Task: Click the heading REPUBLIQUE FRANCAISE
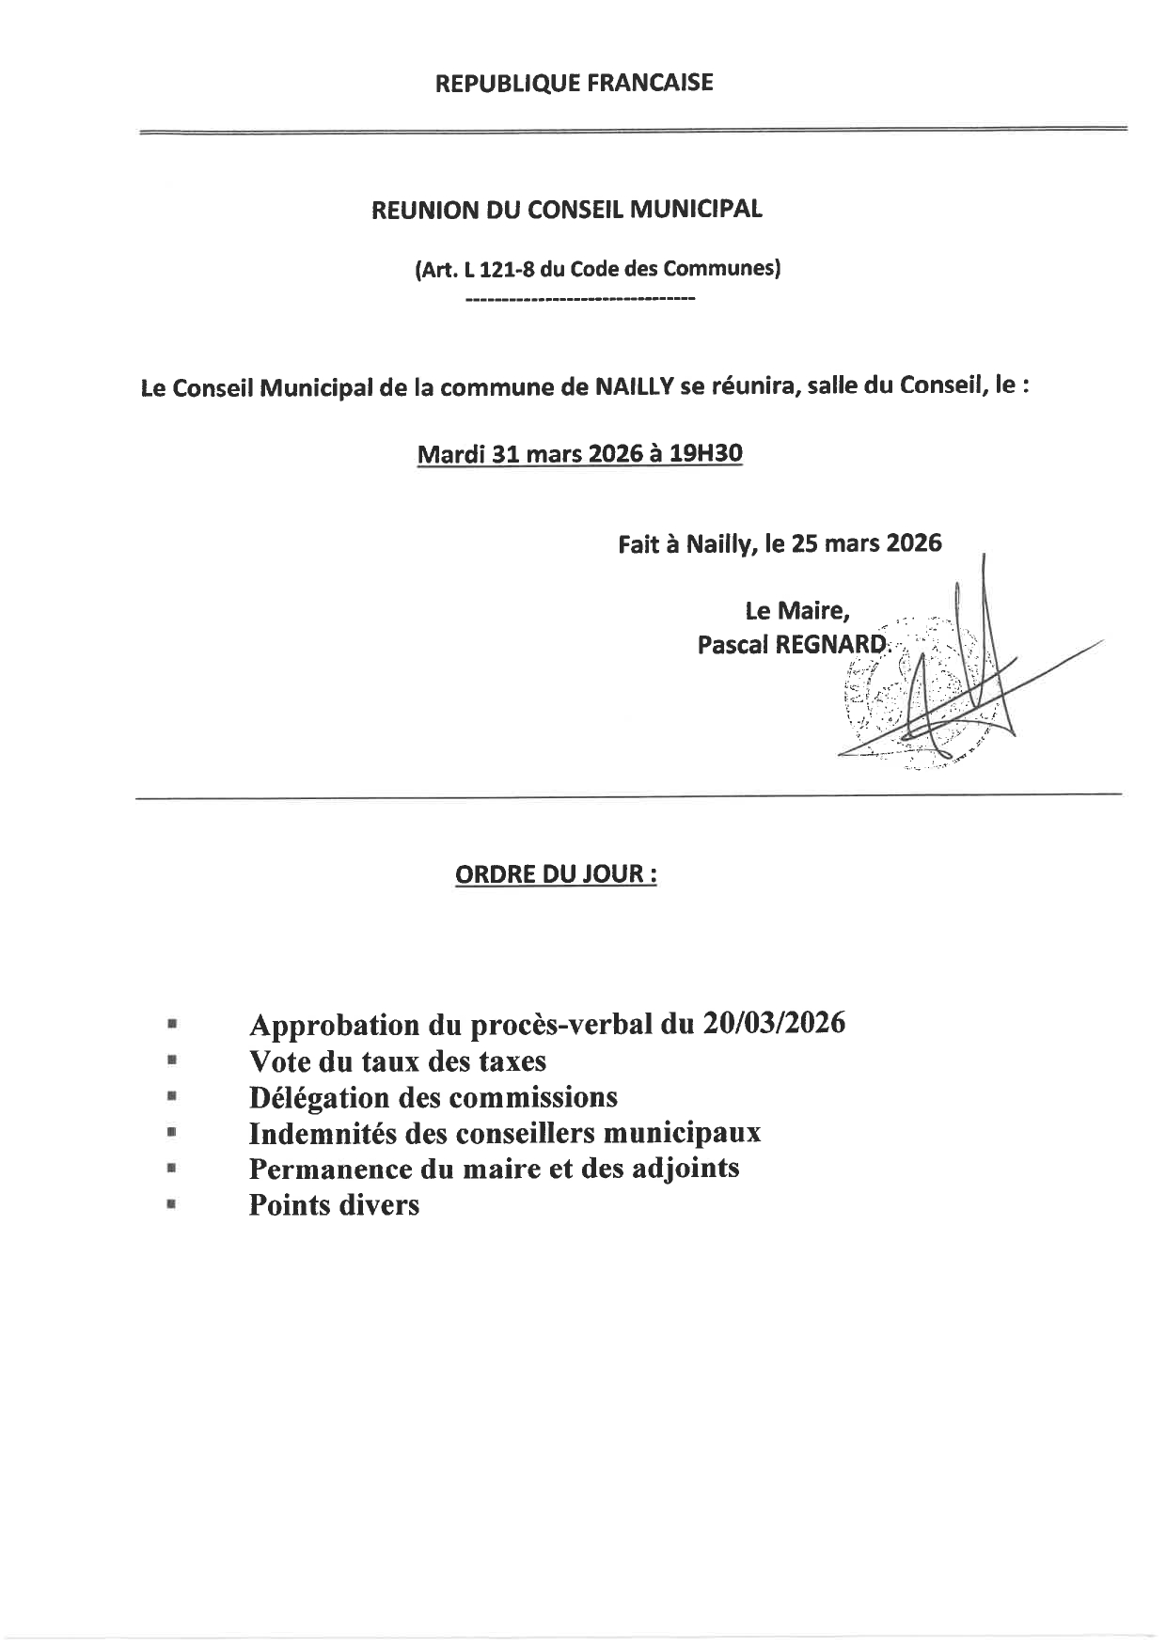pos(574,84)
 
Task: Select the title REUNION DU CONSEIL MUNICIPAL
pos(567,210)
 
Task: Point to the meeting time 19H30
pos(704,454)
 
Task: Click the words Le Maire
pos(797,611)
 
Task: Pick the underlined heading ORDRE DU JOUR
pos(555,874)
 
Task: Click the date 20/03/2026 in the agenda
pos(773,1024)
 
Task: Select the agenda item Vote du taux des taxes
pos(397,1061)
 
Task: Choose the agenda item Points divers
pos(334,1204)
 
